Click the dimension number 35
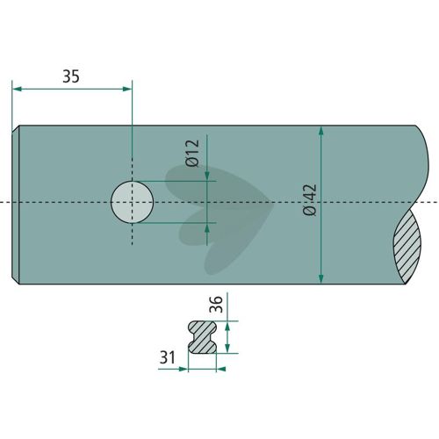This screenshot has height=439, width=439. [x=71, y=76]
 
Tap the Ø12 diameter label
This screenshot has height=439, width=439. [x=192, y=153]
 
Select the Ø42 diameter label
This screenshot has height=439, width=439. [x=310, y=199]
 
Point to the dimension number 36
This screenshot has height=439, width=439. [x=217, y=304]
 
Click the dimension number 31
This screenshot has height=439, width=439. [x=168, y=357]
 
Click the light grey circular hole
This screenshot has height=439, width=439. [x=133, y=202]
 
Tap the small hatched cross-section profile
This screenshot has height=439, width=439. [x=202, y=337]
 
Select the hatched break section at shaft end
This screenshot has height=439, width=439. [x=407, y=247]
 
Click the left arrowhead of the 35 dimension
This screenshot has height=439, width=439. [x=17, y=89]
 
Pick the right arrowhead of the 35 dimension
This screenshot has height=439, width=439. [x=127, y=89]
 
